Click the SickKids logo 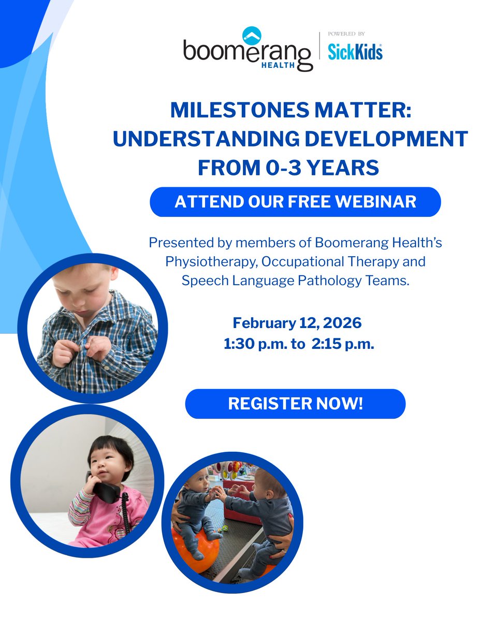[355, 51]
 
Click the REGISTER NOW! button [295, 404]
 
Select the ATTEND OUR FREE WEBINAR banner [295, 201]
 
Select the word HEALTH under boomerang [278, 65]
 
